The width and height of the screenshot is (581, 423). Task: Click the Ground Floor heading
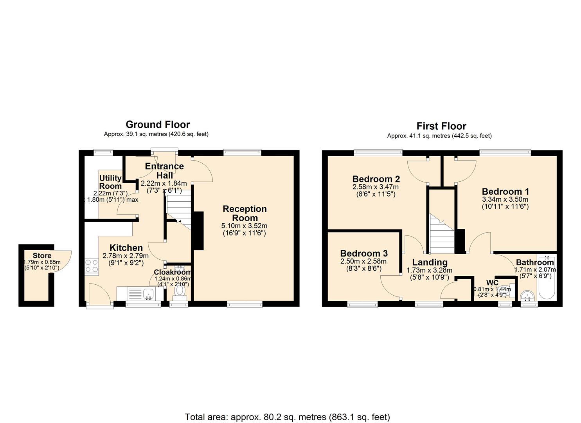(x=158, y=125)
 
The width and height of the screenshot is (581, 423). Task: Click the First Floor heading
(x=441, y=126)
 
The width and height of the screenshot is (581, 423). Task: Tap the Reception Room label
(x=245, y=213)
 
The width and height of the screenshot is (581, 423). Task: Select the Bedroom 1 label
(x=505, y=192)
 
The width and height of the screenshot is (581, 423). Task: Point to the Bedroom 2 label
(x=376, y=179)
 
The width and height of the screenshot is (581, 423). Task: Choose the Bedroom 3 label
(x=363, y=253)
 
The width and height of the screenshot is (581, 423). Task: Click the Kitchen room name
(x=126, y=248)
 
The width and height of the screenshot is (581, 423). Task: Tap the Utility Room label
(x=110, y=182)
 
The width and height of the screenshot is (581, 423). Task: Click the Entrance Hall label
(x=164, y=170)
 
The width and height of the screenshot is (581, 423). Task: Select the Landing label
(x=430, y=262)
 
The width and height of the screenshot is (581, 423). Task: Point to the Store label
(x=42, y=256)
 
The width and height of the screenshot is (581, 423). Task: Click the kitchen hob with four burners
(x=91, y=266)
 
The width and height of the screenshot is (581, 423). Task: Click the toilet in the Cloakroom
(x=180, y=291)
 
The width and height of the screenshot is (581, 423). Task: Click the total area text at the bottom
(x=287, y=417)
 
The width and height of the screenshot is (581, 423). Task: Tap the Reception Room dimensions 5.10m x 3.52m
(x=244, y=226)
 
